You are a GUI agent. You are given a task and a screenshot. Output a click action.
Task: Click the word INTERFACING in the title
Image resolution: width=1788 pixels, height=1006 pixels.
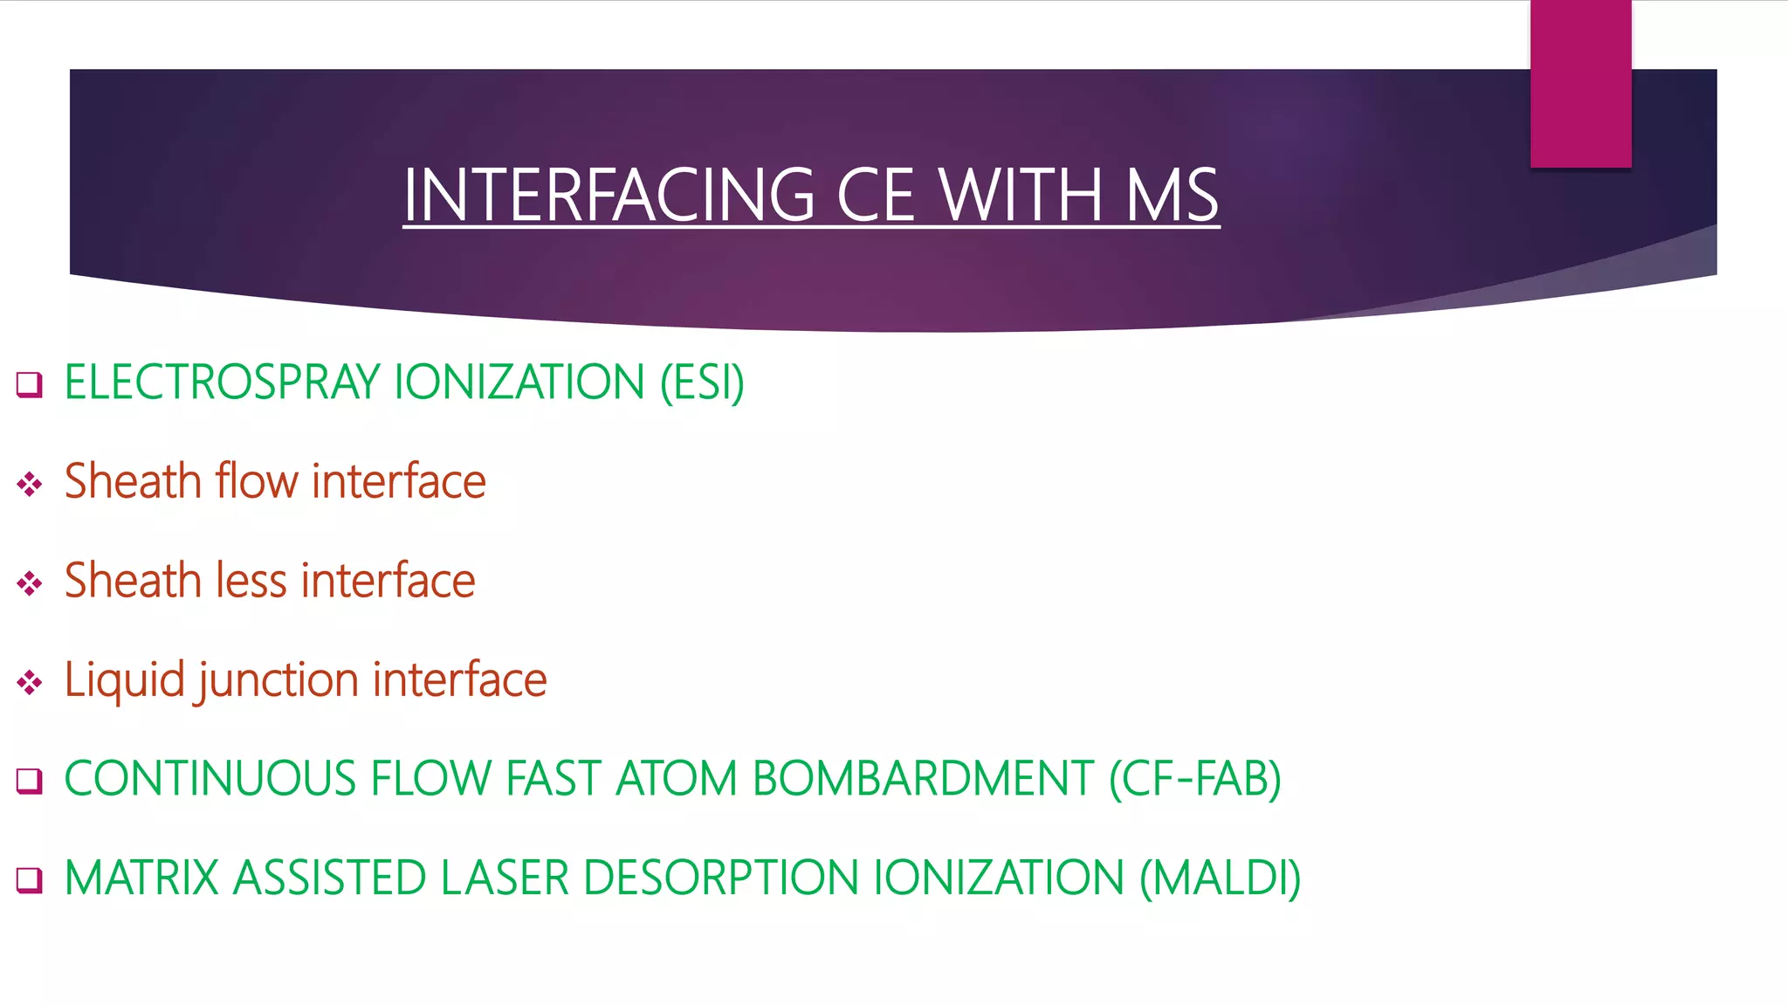coord(609,195)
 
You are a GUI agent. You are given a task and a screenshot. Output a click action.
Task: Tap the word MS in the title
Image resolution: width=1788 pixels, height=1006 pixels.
coord(1172,195)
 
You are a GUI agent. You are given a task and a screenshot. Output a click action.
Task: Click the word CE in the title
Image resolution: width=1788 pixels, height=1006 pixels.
coord(876,195)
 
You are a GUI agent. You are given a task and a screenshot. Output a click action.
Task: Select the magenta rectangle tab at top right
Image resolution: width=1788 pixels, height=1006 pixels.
coord(1580,84)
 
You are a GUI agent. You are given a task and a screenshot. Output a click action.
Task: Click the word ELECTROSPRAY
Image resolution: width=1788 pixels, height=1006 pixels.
coord(223,382)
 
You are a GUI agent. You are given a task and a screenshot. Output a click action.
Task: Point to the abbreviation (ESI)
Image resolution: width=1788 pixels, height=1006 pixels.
coord(702,382)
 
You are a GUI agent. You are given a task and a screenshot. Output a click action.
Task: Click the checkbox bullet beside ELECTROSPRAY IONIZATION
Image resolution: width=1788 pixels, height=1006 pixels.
coord(30,384)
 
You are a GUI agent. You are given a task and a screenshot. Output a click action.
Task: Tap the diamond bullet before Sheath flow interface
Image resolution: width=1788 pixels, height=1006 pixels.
coord(30,484)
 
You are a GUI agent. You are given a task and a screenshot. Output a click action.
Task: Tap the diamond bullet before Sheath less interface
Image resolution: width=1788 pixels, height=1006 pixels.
coord(30,583)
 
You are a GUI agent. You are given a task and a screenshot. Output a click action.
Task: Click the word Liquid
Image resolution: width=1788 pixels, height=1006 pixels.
coord(124,680)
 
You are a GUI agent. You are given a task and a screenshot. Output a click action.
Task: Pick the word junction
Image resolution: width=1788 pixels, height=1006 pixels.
coord(279,680)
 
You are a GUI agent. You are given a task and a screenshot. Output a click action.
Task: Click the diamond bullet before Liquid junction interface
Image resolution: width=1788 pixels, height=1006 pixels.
coord(30,682)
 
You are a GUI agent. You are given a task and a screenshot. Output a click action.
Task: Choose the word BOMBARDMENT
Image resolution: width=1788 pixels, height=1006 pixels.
coord(923,779)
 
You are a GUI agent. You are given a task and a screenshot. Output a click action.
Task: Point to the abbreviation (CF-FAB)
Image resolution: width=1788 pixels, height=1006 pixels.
coord(1195,779)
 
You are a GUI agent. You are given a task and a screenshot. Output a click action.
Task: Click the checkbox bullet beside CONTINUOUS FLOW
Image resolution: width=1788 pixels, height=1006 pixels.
coord(30,781)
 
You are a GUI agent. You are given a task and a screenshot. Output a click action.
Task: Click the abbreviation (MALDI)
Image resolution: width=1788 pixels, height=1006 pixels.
coord(1221,878)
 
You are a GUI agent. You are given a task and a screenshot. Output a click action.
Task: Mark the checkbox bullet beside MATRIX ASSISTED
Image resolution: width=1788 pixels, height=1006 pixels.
coord(30,879)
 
